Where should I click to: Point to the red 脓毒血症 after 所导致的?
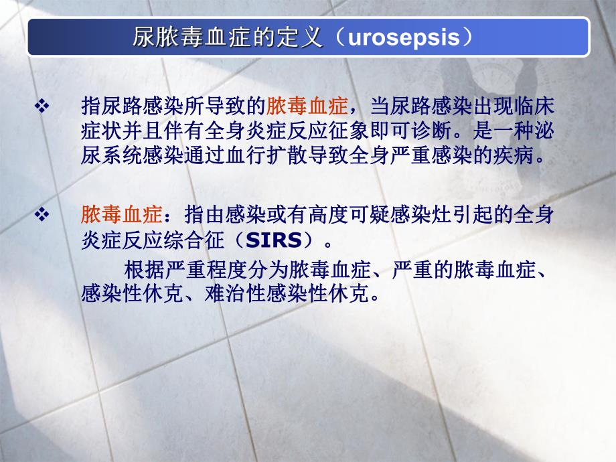307,106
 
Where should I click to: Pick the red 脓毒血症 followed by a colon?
121,215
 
